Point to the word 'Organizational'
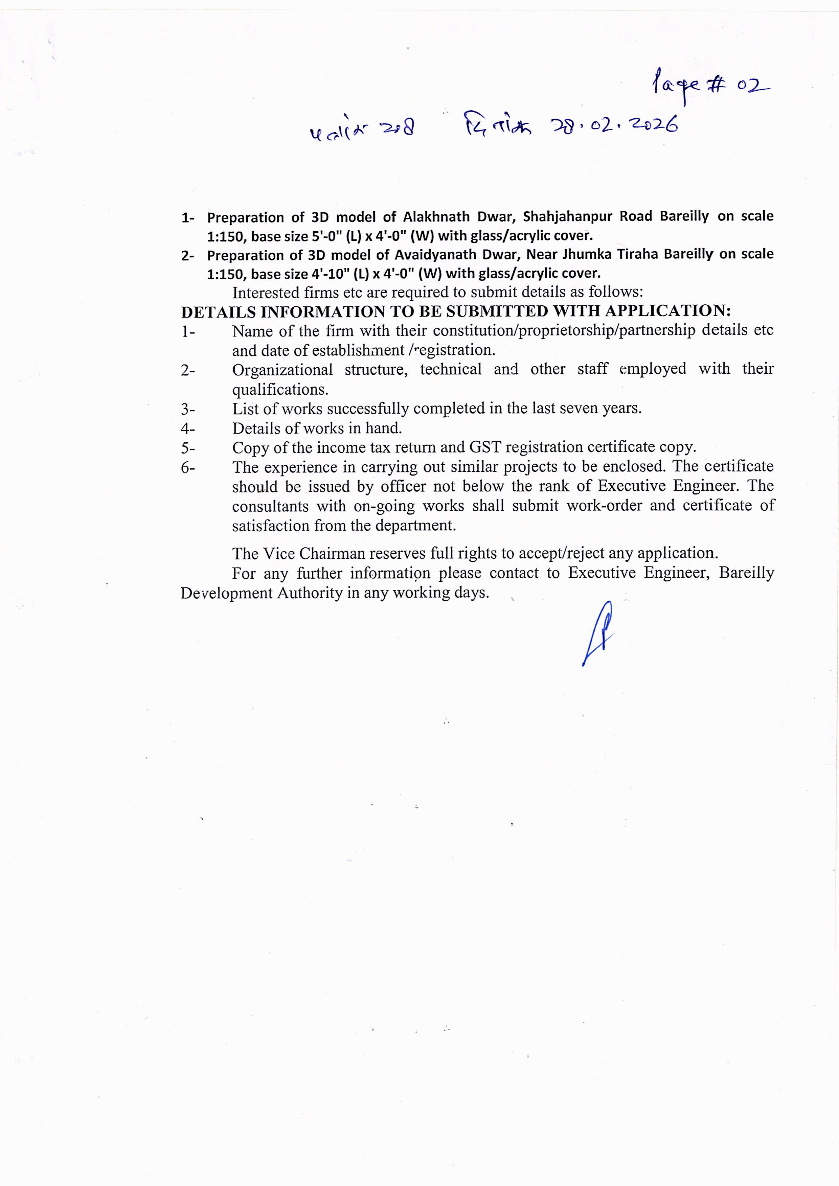coord(282,370)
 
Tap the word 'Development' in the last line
coord(226,593)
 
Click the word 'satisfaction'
coord(263,526)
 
